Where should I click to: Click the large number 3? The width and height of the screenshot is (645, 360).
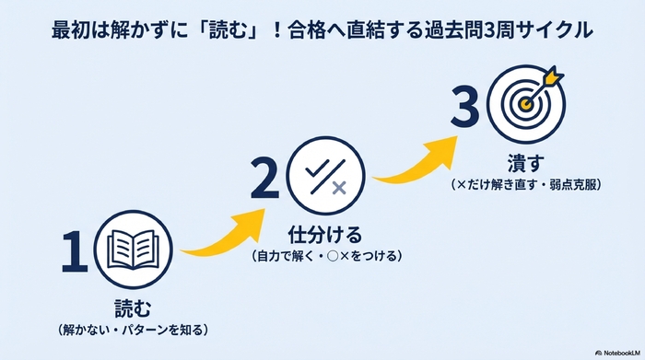pyautogui.click(x=465, y=108)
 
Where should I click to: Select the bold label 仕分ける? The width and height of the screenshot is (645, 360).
pyautogui.click(x=323, y=232)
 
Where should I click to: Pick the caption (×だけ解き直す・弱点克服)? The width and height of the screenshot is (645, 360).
pyautogui.click(x=527, y=184)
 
